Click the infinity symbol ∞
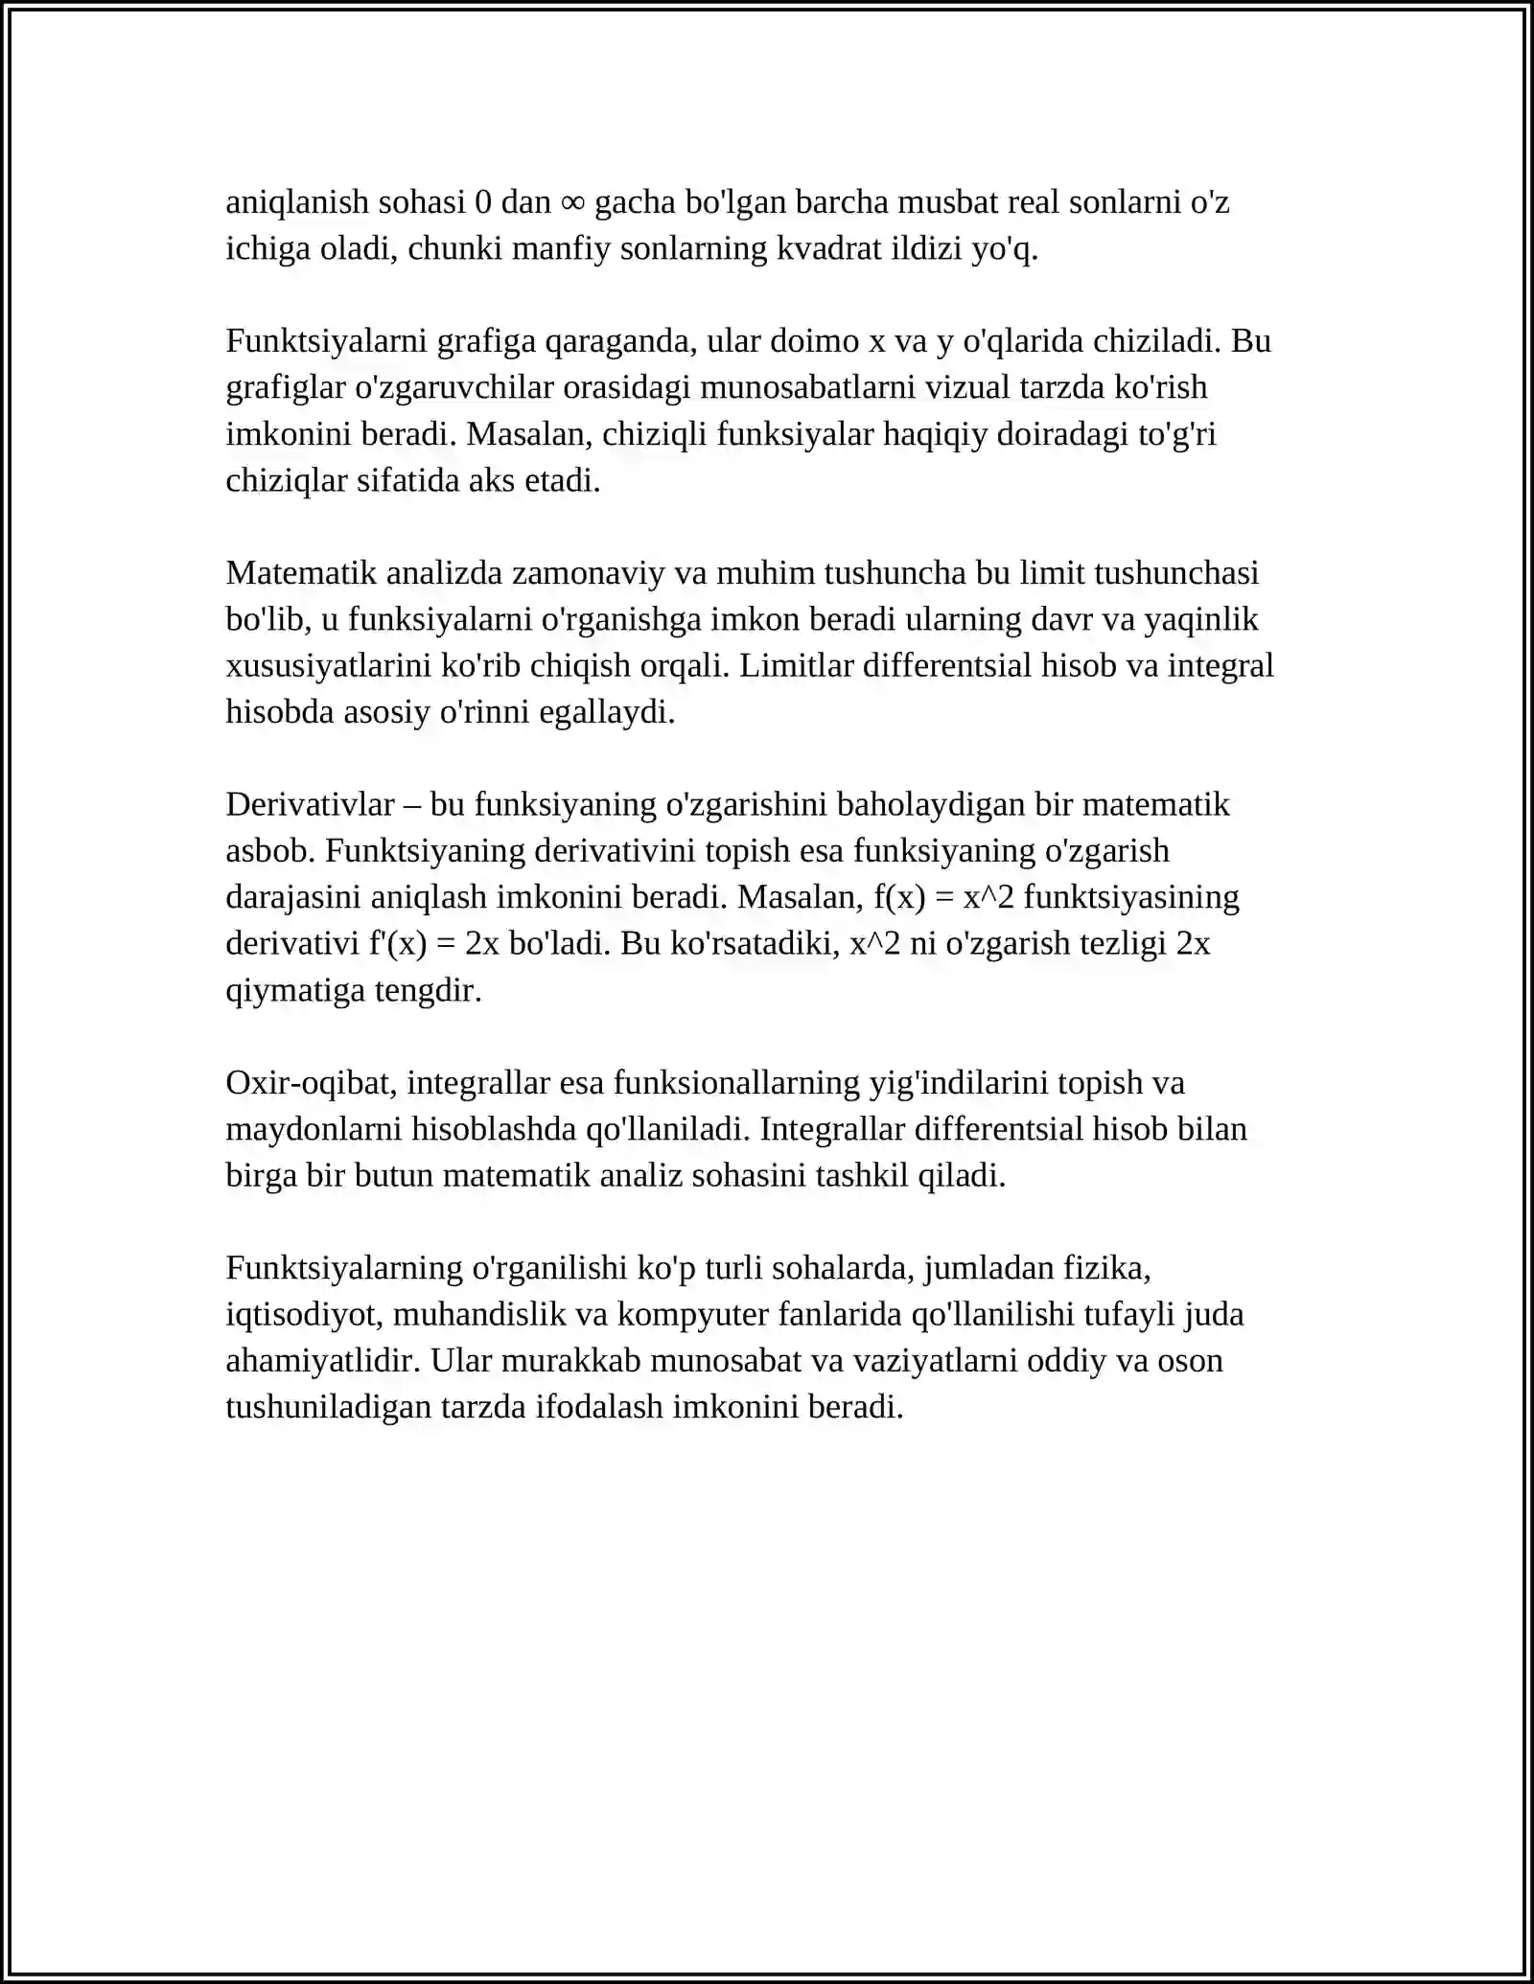click(572, 203)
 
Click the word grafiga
click(486, 341)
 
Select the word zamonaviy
click(588, 573)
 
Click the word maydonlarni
click(314, 1129)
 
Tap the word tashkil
click(862, 1176)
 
